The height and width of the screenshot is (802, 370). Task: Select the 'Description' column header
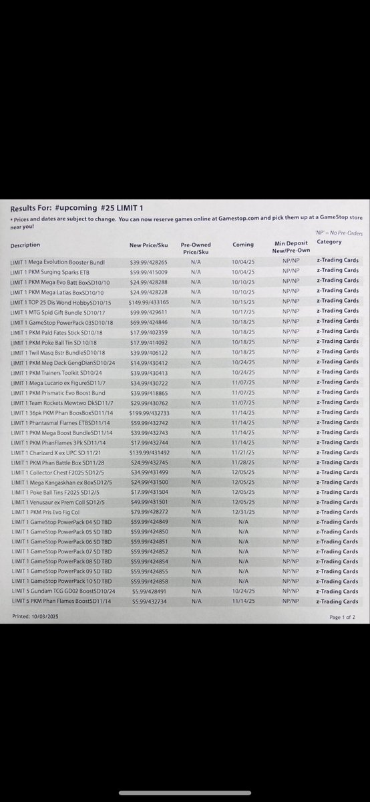pyautogui.click(x=25, y=245)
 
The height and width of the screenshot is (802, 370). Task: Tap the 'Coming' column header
pyautogui.click(x=243, y=245)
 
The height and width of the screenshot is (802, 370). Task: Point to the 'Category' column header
pyautogui.click(x=329, y=242)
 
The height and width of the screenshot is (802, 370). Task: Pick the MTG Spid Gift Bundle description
pyautogui.click(x=57, y=311)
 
